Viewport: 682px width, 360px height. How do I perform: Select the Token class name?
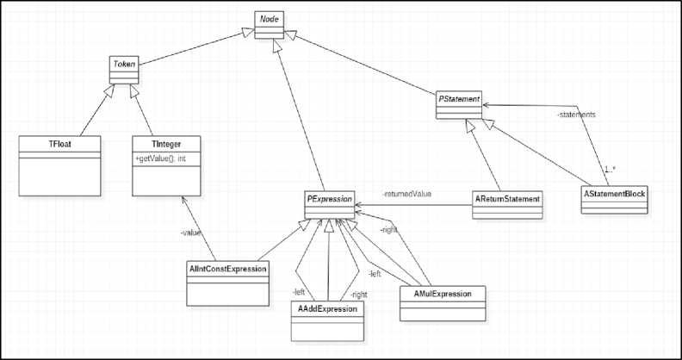(x=125, y=63)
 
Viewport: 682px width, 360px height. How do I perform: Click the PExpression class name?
(x=331, y=198)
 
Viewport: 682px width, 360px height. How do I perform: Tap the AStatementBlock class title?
(x=614, y=195)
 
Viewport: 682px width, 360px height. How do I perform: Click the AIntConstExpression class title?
(x=228, y=269)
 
